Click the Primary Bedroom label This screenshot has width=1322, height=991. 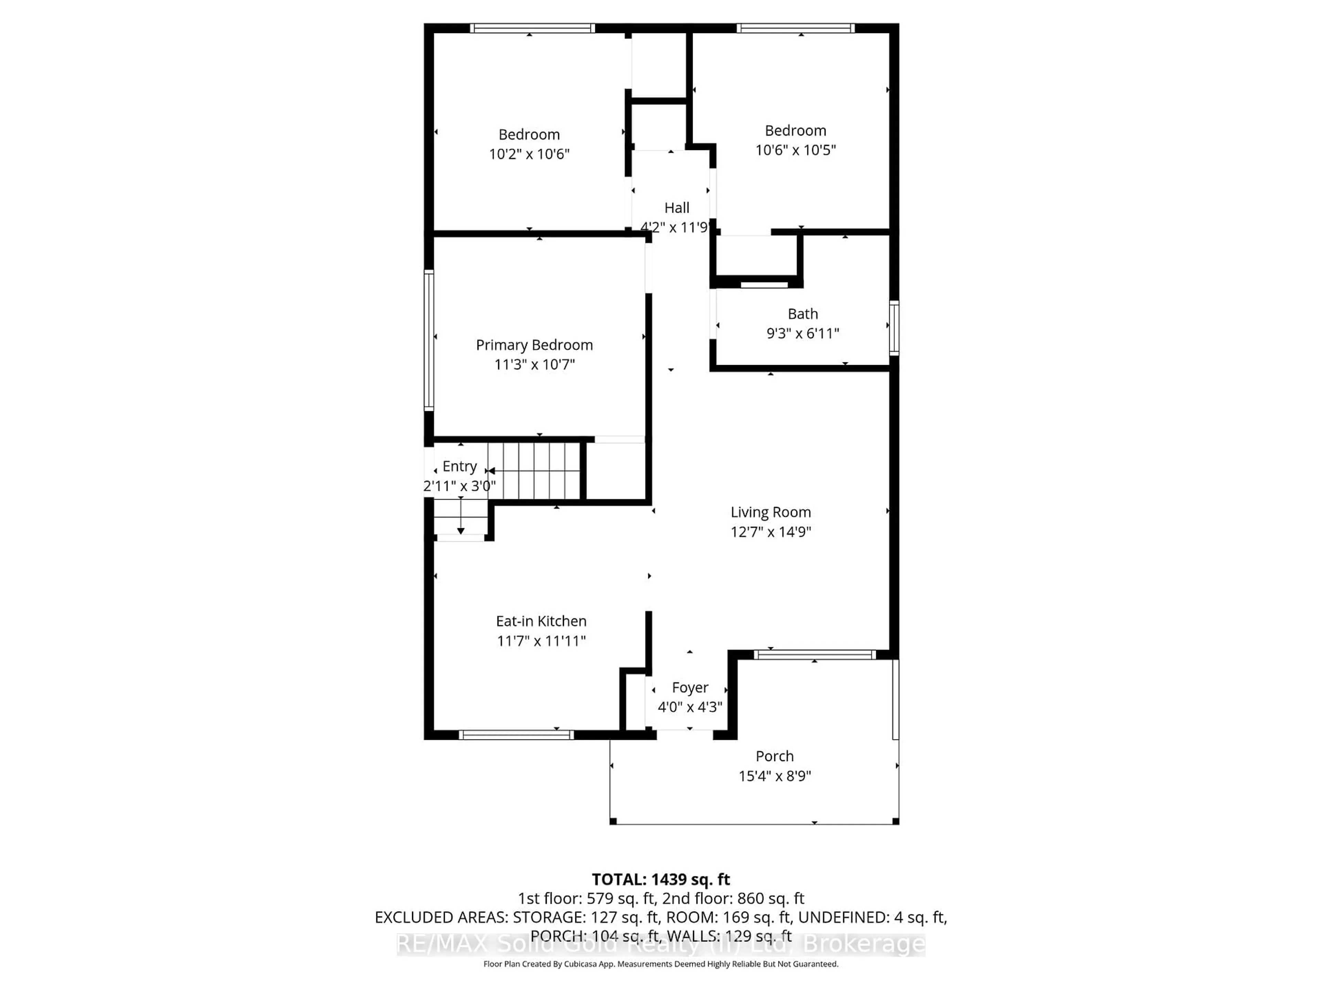tap(534, 345)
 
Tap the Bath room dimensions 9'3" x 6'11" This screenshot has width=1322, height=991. tap(802, 333)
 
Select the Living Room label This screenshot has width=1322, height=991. tap(770, 512)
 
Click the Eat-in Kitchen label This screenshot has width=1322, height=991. tap(541, 621)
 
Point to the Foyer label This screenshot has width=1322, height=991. tap(690, 688)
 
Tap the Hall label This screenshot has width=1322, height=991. tap(676, 208)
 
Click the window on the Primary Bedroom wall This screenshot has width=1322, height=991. tap(429, 341)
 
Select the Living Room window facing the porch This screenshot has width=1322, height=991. tap(814, 655)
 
